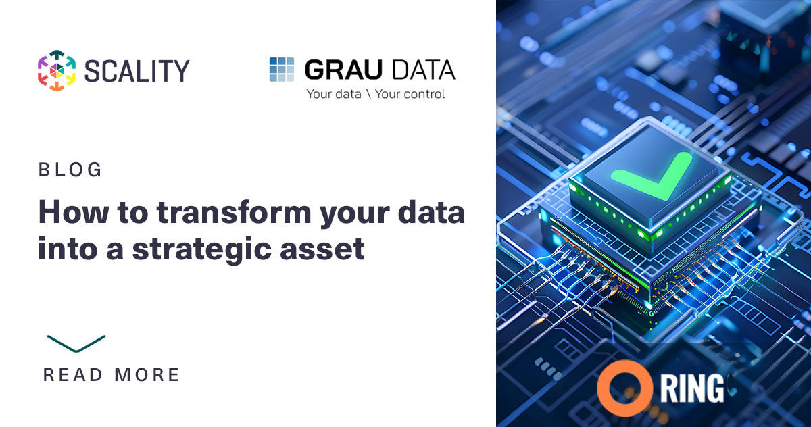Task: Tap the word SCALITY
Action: pyautogui.click(x=137, y=71)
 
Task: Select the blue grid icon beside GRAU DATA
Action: pyautogui.click(x=282, y=70)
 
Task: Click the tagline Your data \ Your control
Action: pyautogui.click(x=376, y=94)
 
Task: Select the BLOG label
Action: pyautogui.click(x=70, y=170)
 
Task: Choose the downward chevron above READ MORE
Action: pyautogui.click(x=76, y=343)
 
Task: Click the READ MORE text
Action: pyautogui.click(x=112, y=374)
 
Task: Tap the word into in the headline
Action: pyautogui.click(x=67, y=249)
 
